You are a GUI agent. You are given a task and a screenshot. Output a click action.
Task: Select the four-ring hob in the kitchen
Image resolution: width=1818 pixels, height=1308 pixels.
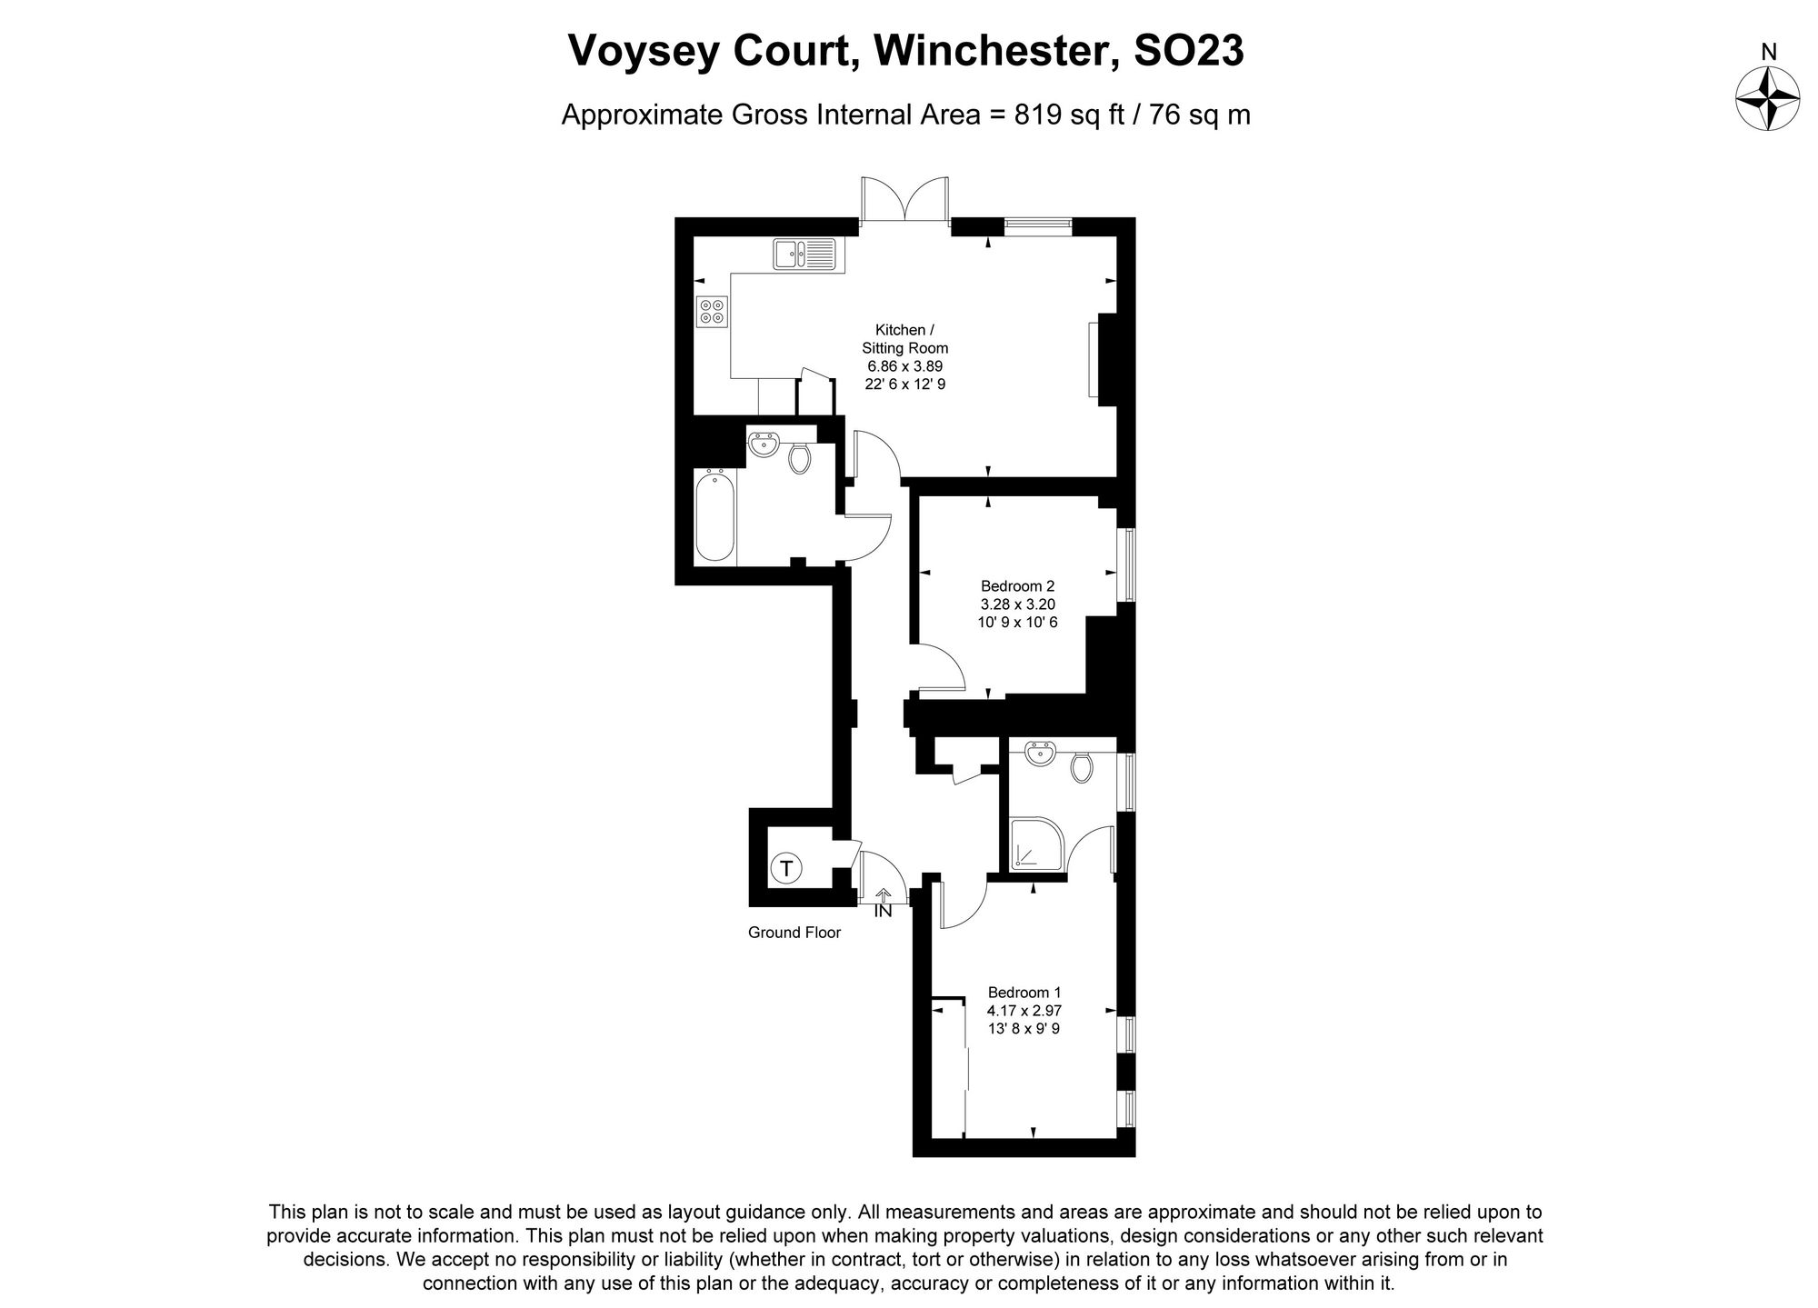[712, 312]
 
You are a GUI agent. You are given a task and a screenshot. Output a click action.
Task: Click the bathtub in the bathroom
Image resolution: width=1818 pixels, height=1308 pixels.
[714, 514]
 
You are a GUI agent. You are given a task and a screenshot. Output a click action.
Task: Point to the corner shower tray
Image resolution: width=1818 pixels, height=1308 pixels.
[1031, 843]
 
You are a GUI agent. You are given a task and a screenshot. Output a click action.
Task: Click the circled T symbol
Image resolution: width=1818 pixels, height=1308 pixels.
[786, 869]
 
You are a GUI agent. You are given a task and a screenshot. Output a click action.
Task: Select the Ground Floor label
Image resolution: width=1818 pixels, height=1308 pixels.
[794, 933]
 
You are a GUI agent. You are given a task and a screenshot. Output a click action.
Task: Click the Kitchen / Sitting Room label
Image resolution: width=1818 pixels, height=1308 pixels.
[904, 338]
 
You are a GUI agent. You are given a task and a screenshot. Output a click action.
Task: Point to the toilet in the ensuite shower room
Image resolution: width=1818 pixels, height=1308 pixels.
[1081, 766]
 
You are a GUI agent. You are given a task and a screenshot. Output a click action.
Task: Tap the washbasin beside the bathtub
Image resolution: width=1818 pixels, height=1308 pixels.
[763, 444]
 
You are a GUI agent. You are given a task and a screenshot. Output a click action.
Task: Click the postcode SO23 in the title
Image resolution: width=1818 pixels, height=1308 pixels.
[1190, 51]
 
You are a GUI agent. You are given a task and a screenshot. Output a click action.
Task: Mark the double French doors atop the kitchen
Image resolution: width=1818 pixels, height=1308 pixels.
[904, 201]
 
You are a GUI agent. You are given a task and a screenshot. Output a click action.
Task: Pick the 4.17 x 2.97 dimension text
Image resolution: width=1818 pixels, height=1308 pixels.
[1024, 1011]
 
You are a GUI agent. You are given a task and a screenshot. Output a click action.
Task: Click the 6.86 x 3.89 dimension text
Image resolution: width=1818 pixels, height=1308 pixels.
[904, 366]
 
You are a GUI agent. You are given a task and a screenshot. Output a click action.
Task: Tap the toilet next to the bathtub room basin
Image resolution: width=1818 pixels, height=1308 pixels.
[799, 457]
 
